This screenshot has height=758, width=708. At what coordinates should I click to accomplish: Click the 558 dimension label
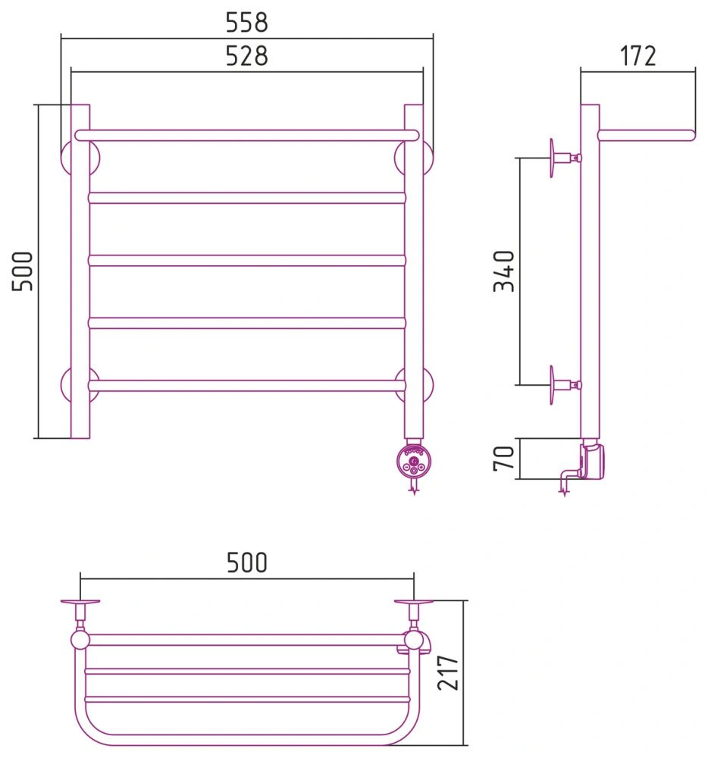pos(246,22)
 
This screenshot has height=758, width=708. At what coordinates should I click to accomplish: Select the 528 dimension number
pos(246,55)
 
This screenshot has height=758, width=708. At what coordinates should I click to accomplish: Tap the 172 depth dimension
pos(638,55)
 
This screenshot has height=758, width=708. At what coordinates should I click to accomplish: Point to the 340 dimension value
pos(504,271)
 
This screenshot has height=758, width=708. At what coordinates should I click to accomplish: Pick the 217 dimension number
pos(448,672)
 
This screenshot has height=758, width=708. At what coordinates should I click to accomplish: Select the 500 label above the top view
pos(246,562)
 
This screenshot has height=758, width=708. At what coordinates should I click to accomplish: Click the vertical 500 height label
pos(22,271)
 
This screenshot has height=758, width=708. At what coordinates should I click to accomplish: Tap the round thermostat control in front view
pos(413,460)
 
